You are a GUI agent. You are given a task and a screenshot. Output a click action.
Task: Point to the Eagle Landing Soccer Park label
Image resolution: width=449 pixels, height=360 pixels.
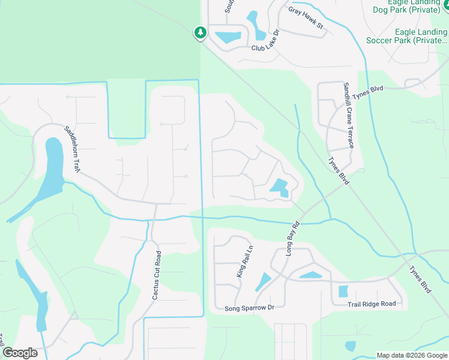[421, 37]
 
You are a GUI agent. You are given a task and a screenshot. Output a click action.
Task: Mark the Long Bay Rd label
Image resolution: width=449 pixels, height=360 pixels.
[292, 241]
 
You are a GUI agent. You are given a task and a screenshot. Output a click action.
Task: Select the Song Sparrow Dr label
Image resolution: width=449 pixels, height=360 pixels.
[249, 308]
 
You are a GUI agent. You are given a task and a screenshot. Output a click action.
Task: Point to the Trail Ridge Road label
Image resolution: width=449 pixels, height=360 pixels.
[372, 304]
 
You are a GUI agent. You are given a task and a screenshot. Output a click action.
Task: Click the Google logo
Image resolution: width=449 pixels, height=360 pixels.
[20, 353]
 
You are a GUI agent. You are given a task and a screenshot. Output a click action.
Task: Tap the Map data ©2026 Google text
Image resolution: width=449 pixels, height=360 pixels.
[412, 355]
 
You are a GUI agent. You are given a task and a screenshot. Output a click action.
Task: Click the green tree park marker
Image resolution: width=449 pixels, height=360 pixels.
[200, 32]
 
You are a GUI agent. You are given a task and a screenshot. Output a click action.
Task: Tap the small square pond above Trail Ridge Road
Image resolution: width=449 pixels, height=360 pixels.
[343, 292]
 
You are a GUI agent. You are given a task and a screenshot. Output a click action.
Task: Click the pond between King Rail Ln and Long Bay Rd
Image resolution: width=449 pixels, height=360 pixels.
[263, 281]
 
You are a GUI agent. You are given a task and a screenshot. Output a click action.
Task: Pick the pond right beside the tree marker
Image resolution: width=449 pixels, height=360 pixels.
[228, 37]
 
